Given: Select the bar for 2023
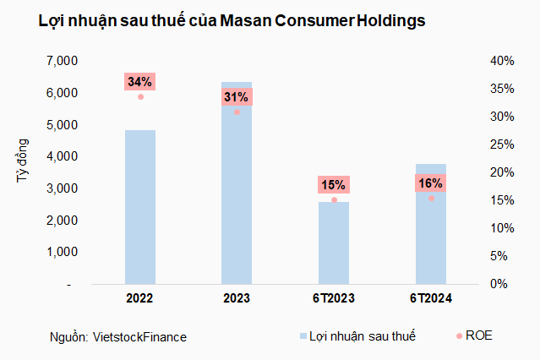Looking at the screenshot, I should point(237,194).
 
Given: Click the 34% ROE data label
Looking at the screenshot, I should point(139,82).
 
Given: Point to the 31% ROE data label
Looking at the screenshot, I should point(237,97).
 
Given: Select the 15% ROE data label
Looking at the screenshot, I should point(334,185).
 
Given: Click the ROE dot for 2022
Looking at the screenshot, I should point(140,97).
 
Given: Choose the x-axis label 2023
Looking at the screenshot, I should point(237,298).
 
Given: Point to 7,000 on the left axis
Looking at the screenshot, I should point(62,61).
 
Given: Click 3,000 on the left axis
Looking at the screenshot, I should point(62,188).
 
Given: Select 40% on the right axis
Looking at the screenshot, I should point(502,61).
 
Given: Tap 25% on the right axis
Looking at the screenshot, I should point(502,145).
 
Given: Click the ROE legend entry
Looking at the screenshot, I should point(477,335).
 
